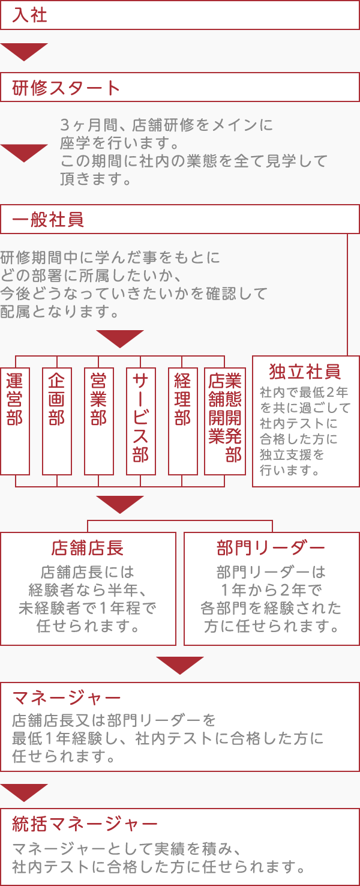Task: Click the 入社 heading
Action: pyautogui.click(x=30, y=15)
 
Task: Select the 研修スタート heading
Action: pyautogui.click(x=67, y=88)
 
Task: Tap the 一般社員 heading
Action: pyautogui.click(x=48, y=220)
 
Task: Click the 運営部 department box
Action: pyautogui.click(x=15, y=420)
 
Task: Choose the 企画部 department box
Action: pyautogui.click(x=57, y=420)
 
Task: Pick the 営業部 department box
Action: pyautogui.click(x=99, y=420)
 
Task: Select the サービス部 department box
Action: pyautogui.click(x=141, y=420)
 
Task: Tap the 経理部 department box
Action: pyautogui.click(x=183, y=420)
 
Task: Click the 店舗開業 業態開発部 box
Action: pyautogui.click(x=225, y=420)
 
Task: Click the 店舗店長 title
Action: pyautogui.click(x=88, y=548)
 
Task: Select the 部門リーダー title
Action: pyautogui.click(x=271, y=548)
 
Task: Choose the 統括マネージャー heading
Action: pyautogui.click(x=85, y=824)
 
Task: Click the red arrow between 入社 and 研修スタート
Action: pyautogui.click(x=24, y=52)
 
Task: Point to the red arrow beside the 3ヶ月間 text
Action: pyautogui.click(x=24, y=153)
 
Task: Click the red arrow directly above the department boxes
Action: pyautogui.click(x=120, y=339)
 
